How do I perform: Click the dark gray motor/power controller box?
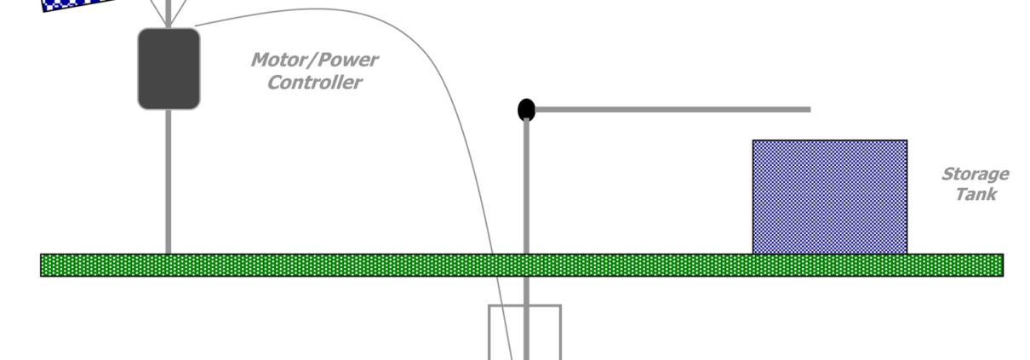169,69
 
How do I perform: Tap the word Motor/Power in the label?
314,60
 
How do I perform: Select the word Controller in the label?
314,83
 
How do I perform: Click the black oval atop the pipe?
527,110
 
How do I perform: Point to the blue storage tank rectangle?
829,197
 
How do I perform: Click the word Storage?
975,174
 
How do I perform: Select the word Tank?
976,194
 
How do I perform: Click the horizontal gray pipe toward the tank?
672,109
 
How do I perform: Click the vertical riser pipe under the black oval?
526,187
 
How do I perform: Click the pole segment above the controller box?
169,13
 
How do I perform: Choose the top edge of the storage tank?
829,141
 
